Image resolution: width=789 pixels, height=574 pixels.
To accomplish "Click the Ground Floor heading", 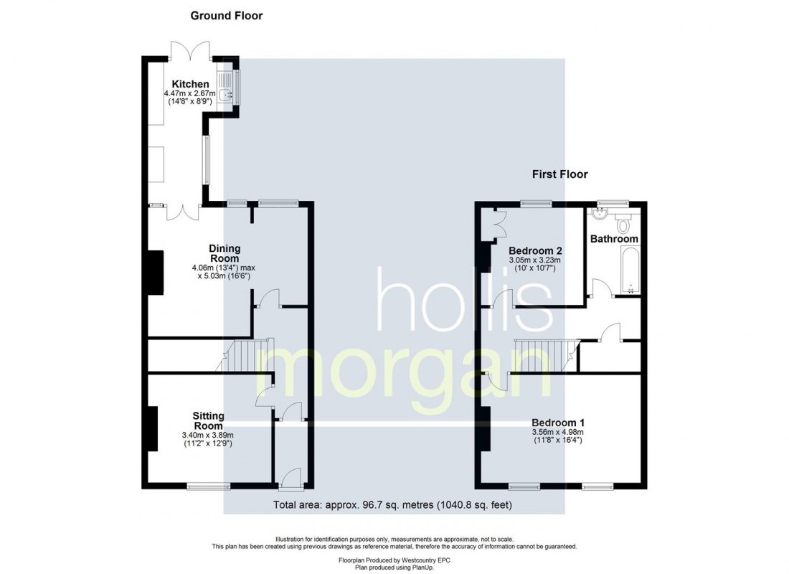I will point(226,15).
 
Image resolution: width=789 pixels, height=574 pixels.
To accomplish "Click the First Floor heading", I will point(559,174).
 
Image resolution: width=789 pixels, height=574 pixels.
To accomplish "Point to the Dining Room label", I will point(224,253).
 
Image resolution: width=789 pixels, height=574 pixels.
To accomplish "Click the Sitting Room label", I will point(208,420).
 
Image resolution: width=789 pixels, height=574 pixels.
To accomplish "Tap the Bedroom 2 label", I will point(534,250).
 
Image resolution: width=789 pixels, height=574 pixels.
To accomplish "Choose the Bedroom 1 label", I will point(557,422).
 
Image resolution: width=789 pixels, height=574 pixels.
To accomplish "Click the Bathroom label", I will point(614,238).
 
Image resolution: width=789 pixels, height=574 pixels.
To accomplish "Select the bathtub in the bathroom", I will point(630,271).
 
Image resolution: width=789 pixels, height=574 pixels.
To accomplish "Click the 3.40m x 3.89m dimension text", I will point(208,435).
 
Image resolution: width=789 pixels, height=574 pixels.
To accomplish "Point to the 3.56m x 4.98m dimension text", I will point(557,432).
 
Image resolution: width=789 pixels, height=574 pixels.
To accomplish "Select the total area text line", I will point(392,505).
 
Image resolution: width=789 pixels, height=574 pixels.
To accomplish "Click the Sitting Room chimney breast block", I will point(152,429).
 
